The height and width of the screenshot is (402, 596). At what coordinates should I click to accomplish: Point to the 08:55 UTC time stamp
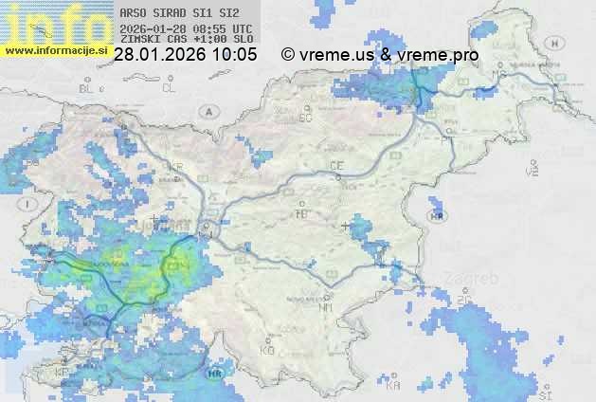point(224,28)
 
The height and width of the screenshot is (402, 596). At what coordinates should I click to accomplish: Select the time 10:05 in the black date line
point(234,55)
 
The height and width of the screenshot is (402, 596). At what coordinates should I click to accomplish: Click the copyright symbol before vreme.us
point(288,55)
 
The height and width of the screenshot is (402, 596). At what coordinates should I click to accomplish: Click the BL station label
point(89,88)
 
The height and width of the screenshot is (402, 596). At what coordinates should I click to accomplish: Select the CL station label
point(170,88)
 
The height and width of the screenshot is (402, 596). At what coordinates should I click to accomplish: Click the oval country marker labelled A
point(208,111)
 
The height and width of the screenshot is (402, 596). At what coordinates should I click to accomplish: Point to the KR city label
point(174,167)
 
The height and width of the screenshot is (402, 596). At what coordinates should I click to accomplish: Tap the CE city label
point(336,166)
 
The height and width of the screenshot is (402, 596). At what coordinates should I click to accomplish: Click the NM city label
point(326,307)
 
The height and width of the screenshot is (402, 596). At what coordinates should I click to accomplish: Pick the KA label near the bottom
point(393,386)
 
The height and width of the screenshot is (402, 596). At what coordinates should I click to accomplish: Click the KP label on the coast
point(63,373)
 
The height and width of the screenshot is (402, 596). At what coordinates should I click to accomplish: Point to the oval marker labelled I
point(30,204)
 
